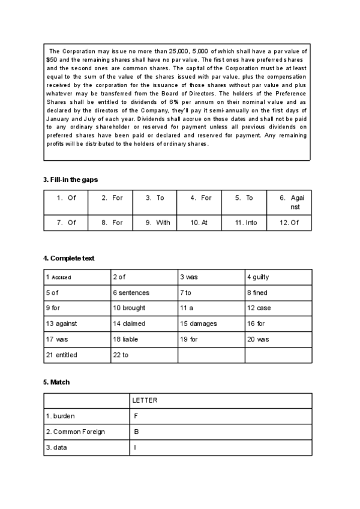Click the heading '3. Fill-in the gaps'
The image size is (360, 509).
[x=70, y=179]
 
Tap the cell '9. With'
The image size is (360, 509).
[x=158, y=223]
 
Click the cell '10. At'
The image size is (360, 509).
[x=199, y=223]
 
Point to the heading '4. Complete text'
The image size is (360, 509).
[x=68, y=258]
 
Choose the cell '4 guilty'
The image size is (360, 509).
[x=257, y=277]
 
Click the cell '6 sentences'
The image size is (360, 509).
[x=131, y=293]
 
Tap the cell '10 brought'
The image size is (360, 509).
[x=129, y=309]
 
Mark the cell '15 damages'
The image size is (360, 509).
[x=199, y=324]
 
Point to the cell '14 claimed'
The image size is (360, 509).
[x=128, y=324]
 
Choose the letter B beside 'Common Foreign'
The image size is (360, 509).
[x=136, y=432]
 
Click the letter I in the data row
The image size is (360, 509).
[x=135, y=448]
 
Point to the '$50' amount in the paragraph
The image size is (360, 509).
[x=51, y=61]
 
